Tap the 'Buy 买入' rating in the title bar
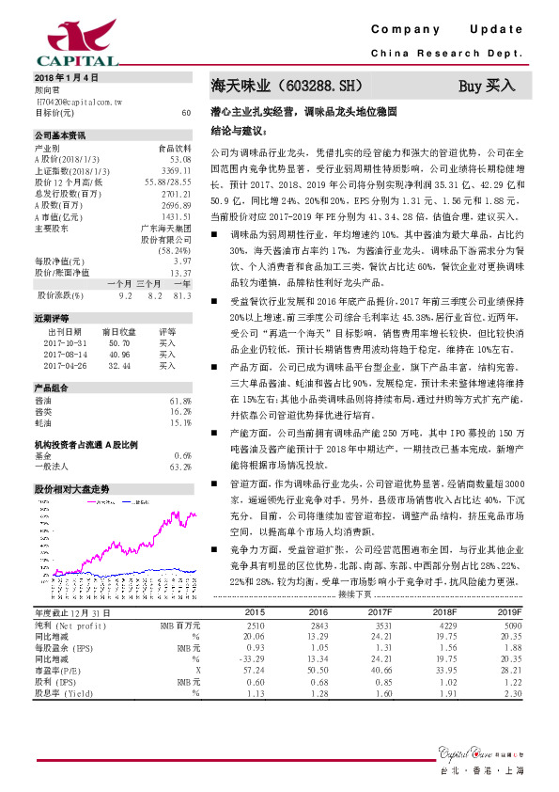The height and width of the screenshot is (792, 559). (487, 87)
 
